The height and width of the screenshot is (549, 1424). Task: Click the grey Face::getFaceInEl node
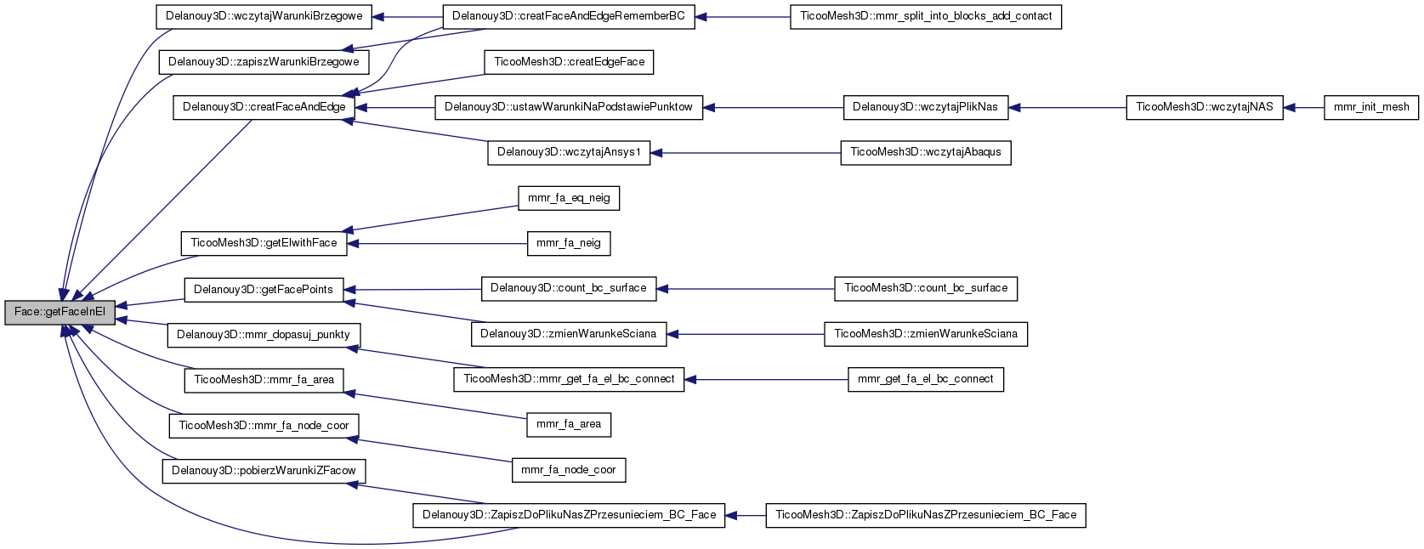click(x=60, y=313)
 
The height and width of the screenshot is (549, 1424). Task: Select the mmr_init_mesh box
click(x=1371, y=107)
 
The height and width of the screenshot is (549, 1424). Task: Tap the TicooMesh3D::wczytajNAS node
click(x=1204, y=107)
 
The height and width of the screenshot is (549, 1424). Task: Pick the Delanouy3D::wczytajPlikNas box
click(x=925, y=107)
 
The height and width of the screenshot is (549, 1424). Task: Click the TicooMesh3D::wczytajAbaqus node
click(x=926, y=152)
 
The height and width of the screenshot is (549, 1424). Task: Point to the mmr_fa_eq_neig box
click(x=569, y=198)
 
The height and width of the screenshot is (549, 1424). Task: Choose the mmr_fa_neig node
click(x=569, y=243)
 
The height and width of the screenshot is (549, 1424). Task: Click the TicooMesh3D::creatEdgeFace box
click(x=569, y=62)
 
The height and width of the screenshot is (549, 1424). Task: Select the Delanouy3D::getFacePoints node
click(x=264, y=290)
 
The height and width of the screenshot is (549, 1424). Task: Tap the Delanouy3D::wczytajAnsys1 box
click(x=569, y=152)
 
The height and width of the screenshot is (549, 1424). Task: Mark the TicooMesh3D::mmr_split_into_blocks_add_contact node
click(x=926, y=16)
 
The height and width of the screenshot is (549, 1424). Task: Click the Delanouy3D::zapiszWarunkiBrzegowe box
click(x=264, y=62)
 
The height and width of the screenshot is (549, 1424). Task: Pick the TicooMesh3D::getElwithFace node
click(x=264, y=243)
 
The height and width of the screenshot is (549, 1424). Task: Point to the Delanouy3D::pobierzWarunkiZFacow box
click(x=264, y=471)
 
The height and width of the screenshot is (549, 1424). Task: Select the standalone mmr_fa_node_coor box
click(x=569, y=470)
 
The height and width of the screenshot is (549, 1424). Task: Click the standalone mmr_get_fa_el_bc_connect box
click(x=926, y=379)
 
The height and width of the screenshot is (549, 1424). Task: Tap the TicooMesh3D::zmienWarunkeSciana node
click(x=926, y=334)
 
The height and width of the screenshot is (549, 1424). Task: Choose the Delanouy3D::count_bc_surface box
click(x=569, y=288)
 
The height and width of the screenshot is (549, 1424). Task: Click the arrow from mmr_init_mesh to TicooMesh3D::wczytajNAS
click(x=1303, y=107)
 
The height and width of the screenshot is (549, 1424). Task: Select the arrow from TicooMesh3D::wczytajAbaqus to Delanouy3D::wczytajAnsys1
click(x=745, y=153)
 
